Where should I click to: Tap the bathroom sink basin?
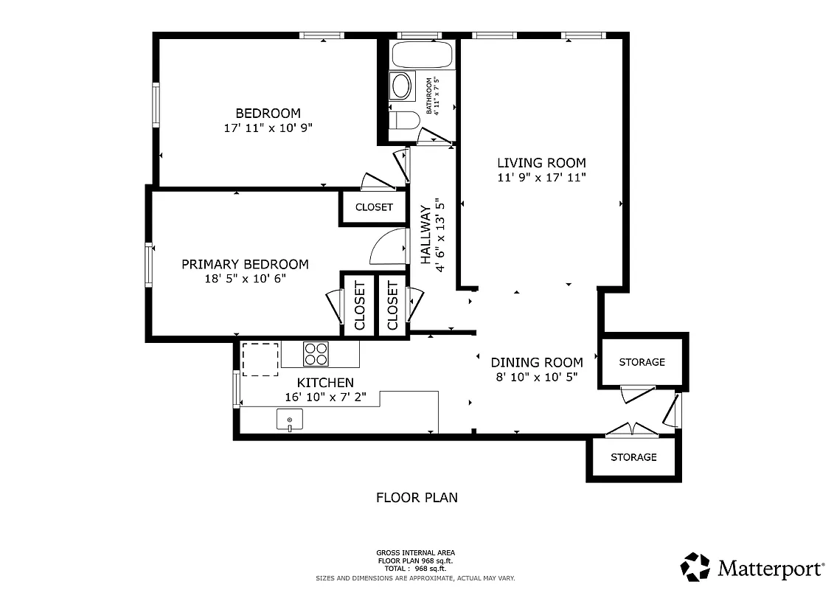[401, 86]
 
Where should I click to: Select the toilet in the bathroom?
[403, 120]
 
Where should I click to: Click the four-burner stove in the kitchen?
[316, 355]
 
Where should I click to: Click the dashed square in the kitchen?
[260, 359]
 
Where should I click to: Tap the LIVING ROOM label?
[541, 163]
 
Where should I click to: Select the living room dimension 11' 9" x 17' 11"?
[541, 177]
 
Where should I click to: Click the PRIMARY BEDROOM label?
[245, 264]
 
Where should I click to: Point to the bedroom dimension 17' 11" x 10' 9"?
[268, 128]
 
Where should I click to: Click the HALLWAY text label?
[426, 235]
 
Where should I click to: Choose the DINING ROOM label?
[537, 362]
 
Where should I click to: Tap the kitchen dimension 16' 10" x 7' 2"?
[325, 397]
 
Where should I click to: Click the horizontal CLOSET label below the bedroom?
[374, 207]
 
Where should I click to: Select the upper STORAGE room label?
[642, 362]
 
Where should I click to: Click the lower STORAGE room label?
[633, 457]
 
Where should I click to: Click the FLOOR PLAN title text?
[417, 497]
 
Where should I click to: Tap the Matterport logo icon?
[695, 567]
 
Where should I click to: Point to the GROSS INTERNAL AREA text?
[416, 552]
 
